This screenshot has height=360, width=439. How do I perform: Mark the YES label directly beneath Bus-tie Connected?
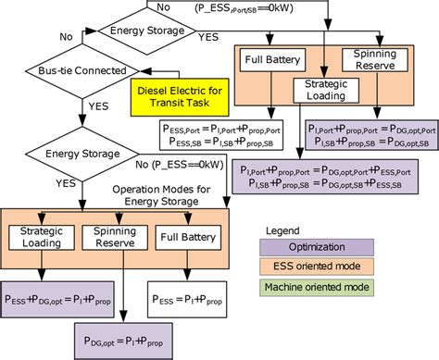coord(96,106)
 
